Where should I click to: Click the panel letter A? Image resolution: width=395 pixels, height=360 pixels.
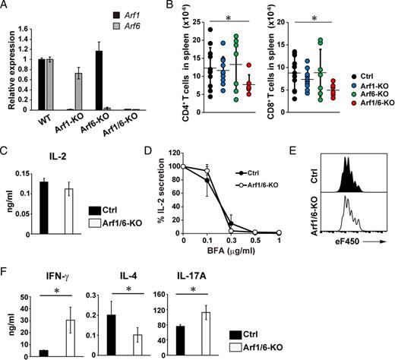[x=7, y=8]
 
